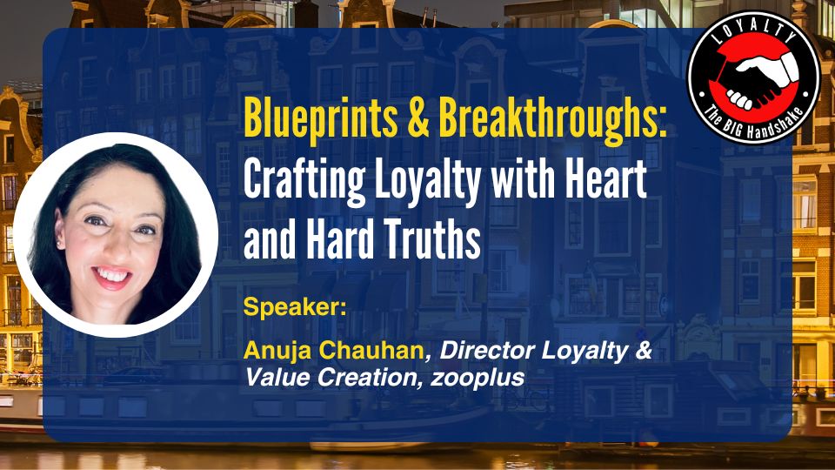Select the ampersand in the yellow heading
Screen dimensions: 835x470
[x=418, y=117]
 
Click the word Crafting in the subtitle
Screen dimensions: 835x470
[x=304, y=181]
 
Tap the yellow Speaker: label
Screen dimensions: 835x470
[x=295, y=307]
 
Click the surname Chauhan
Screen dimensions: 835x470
[x=371, y=350]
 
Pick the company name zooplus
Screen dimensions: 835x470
[x=478, y=378]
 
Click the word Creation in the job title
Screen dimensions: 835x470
[x=367, y=377]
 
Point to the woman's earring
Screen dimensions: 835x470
[x=58, y=243]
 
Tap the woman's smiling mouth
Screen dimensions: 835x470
[x=112, y=277]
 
